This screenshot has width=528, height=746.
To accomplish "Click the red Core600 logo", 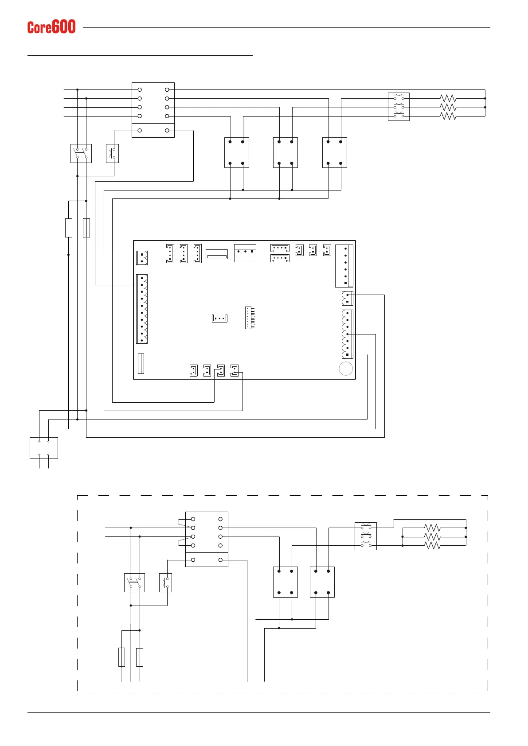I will pyautogui.click(x=51, y=27).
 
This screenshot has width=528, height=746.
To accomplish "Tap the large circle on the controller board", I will pyautogui.click(x=346, y=369).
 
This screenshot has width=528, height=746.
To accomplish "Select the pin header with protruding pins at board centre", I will pyautogui.click(x=250, y=318).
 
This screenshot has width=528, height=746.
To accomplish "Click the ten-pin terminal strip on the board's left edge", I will pyautogui.click(x=142, y=309).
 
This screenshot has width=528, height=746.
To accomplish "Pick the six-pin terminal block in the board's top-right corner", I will pyautogui.click(x=344, y=266).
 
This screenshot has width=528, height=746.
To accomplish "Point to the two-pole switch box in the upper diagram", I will pyautogui.click(x=81, y=153).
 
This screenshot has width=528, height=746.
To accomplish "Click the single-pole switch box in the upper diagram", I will pyautogui.click(x=112, y=153).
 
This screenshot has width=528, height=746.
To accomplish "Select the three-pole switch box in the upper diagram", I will pyautogui.click(x=399, y=107).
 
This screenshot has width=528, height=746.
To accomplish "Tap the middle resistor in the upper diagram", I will pyautogui.click(x=448, y=107).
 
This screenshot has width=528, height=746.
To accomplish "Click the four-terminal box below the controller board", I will pyautogui.click(x=44, y=448).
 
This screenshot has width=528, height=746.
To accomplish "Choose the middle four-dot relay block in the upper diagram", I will pyautogui.click(x=286, y=152).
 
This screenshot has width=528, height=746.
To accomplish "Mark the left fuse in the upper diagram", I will pyautogui.click(x=69, y=228).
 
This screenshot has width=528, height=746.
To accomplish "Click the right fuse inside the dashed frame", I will pyautogui.click(x=140, y=657).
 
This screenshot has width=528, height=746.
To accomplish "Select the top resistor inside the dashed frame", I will pyautogui.click(x=432, y=528).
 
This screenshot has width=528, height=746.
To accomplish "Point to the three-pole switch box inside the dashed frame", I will pyautogui.click(x=366, y=536).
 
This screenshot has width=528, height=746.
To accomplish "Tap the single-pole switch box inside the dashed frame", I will pyautogui.click(x=165, y=583).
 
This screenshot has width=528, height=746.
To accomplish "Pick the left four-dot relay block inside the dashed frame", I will pyautogui.click(x=286, y=582).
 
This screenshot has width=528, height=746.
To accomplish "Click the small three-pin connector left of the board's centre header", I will pyautogui.click(x=219, y=318).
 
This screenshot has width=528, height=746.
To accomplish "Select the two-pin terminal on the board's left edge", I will pyautogui.click(x=142, y=258).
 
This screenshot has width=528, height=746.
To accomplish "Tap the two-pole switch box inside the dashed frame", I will pyautogui.click(x=135, y=583).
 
